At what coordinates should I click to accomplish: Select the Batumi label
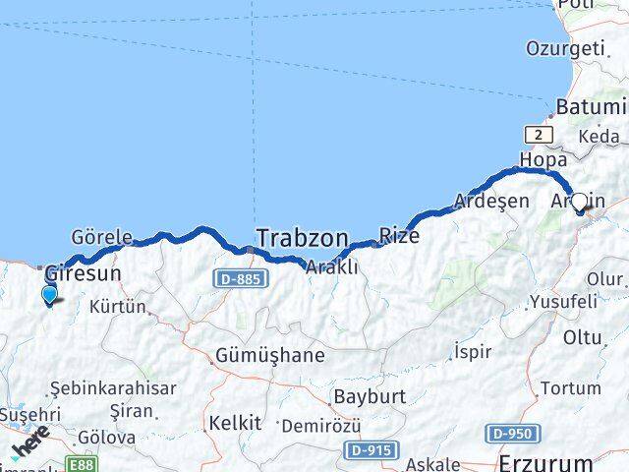[591, 106]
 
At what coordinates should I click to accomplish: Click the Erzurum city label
[546, 462]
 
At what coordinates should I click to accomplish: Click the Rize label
[400, 236]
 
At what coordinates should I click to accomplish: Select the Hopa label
[543, 158]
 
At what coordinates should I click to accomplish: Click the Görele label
[102, 237]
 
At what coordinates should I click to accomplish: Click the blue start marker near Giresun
[49, 294]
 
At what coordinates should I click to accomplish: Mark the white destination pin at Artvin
[580, 203]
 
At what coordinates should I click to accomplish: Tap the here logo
[29, 449]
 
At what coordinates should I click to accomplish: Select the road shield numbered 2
[539, 135]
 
